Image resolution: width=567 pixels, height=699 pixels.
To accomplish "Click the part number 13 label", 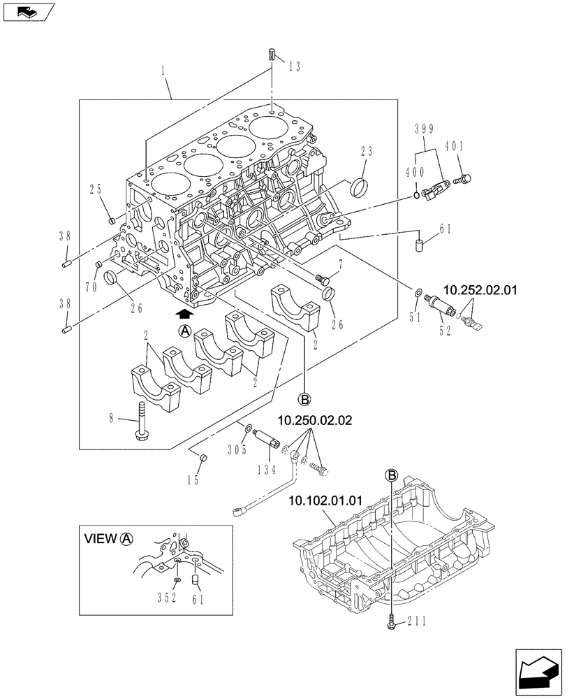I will coord(294,66).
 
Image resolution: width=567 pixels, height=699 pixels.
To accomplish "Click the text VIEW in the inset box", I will coord(101,539).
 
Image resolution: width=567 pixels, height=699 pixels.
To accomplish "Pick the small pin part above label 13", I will coord(273,55).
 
